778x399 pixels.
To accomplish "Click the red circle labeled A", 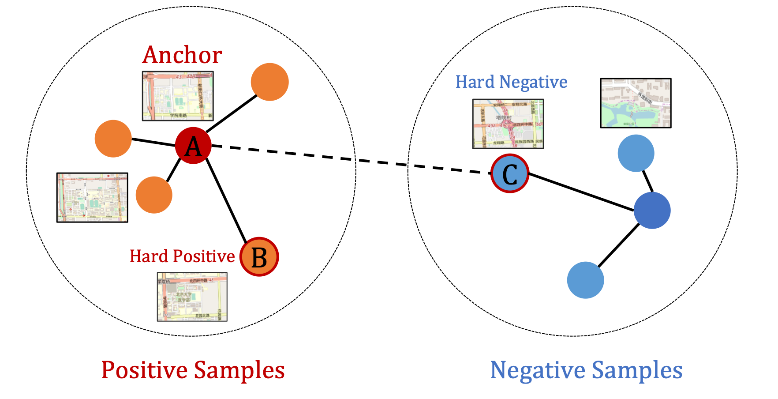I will point(193,146).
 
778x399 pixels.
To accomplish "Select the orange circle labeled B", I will point(259,257).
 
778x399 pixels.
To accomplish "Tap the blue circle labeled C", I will point(510,173).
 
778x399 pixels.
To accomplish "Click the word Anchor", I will point(182,55).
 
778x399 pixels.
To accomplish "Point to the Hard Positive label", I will point(182,256).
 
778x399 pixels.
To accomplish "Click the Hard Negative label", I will point(511,82).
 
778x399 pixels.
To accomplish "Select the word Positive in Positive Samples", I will point(145,370).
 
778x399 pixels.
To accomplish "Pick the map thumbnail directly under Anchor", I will point(178,96).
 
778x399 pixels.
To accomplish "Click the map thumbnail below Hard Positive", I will point(192,297).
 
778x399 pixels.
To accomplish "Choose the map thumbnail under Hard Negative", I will point(508,124).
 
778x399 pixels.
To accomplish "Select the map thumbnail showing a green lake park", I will point(636,103).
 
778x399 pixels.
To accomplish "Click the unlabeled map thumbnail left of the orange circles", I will point(92,198).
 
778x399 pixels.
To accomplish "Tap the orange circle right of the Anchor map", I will point(269,82).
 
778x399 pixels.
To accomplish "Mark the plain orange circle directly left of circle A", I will point(113,139).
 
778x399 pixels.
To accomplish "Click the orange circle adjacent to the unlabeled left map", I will point(153,195).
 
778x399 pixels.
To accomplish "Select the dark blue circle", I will point(652,211).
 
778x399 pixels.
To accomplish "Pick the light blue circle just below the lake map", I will point(636,153).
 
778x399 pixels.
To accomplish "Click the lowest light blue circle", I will point(585,280).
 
